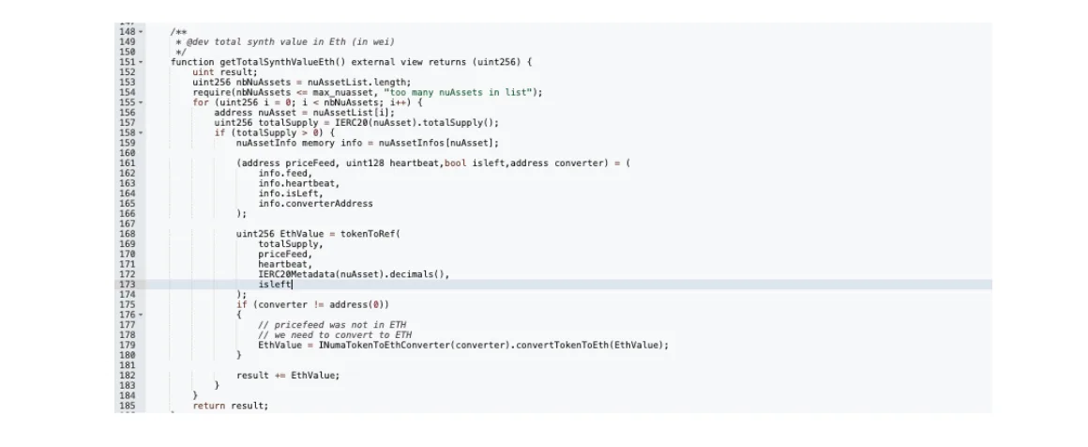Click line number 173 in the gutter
[x=127, y=285]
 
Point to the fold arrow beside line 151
[x=141, y=62]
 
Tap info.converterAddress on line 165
[x=316, y=204]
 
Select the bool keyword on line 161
[x=455, y=163]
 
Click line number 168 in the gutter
[x=127, y=234]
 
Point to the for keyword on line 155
[x=201, y=102]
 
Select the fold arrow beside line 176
[x=141, y=315]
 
